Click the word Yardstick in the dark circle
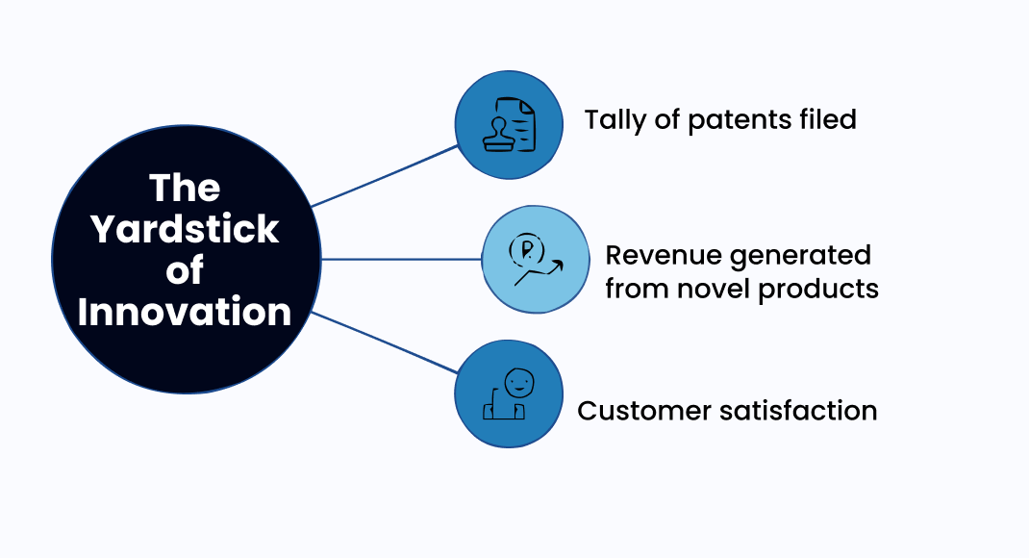tap(185, 230)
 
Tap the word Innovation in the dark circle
tap(185, 312)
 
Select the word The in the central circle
tap(185, 189)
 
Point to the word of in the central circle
tap(185, 271)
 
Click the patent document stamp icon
tap(508, 124)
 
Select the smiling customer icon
tap(508, 394)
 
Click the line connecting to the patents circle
tap(385, 176)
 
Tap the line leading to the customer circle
tap(385, 342)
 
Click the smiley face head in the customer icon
tap(518, 382)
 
